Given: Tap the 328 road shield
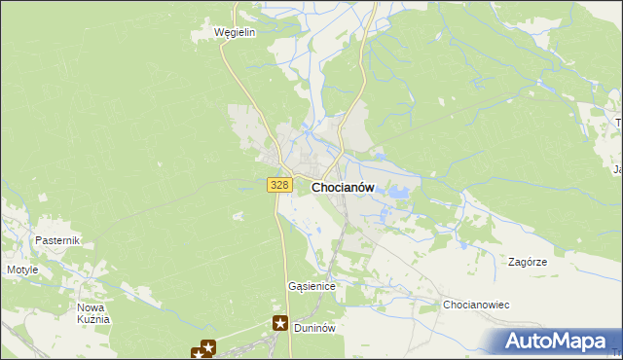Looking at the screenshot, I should point(279,185).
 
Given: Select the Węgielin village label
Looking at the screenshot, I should point(235,32).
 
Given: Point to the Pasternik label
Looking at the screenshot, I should point(56,240).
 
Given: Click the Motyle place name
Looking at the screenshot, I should point(22,270).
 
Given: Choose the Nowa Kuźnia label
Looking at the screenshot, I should point(94,312).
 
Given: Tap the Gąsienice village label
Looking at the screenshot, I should point(311,287).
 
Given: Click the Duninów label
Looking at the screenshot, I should point(314,328).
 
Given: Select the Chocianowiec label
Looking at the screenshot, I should point(477,305).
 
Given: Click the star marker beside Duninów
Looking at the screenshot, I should point(280,324).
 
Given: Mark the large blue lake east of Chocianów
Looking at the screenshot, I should point(397,193).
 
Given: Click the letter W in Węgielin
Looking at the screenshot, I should point(219,32).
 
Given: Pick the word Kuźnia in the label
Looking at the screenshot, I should point(94,318).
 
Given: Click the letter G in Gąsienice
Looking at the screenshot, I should point(292,287).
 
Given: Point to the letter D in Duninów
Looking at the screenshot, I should point(297,328).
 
